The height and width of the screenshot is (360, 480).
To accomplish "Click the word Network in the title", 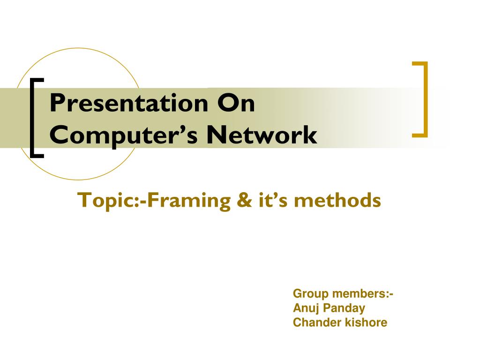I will click(x=262, y=135).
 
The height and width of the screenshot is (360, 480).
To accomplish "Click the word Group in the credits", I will click(x=311, y=294).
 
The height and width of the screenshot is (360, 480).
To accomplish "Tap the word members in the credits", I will click(x=360, y=294).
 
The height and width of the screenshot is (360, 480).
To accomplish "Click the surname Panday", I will click(x=343, y=308).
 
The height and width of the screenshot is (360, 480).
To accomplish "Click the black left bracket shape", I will click(x=33, y=117).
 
